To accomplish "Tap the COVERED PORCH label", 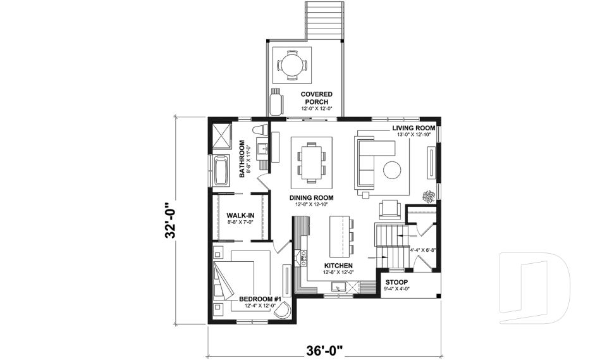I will click(316, 98).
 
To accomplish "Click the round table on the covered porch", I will click(292, 65).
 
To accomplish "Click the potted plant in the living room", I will click(429, 196).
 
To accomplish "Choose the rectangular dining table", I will click(311, 162).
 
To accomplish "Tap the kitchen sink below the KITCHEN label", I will click(338, 287).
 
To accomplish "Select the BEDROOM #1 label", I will click(260, 299).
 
